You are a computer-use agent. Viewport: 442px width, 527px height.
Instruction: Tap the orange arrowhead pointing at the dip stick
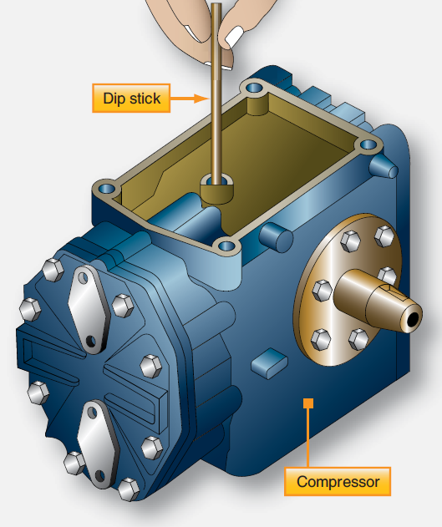point(202,99)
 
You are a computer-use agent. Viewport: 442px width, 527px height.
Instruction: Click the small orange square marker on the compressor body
point(308,404)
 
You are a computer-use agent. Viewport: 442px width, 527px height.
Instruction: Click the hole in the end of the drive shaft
point(414,318)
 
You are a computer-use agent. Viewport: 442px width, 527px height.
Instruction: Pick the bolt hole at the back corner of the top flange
point(252,88)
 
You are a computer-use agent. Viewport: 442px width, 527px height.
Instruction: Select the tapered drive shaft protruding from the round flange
point(377,301)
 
